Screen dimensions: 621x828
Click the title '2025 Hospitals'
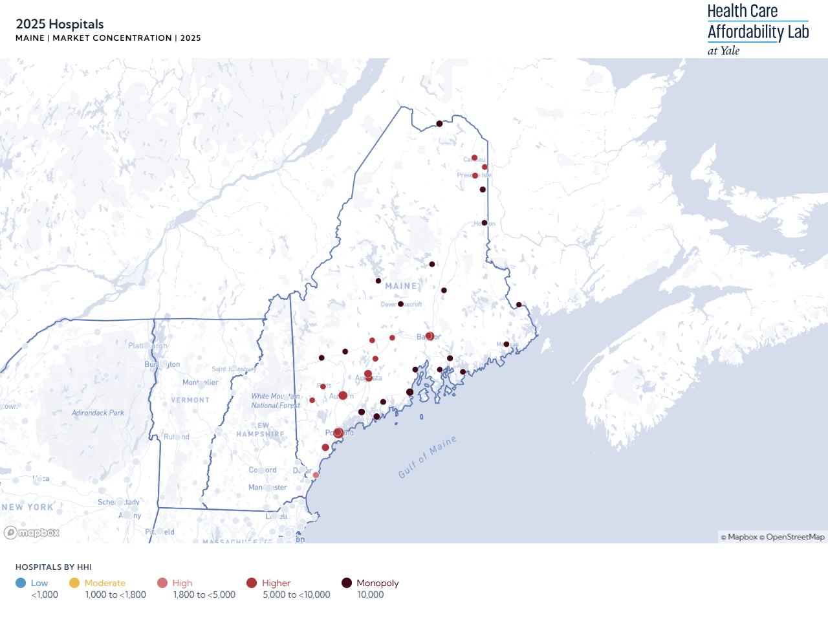click(x=60, y=25)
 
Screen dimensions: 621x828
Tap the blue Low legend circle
click(x=21, y=583)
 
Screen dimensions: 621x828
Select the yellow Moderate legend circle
click(x=74, y=583)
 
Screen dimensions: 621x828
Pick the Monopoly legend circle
click(x=347, y=583)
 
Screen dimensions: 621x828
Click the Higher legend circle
click(x=252, y=583)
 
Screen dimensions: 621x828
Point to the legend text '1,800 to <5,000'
click(x=204, y=594)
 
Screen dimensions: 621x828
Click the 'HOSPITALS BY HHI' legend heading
click(x=54, y=567)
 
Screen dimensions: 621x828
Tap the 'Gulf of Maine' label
click(x=427, y=456)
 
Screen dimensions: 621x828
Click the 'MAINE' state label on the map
click(x=401, y=286)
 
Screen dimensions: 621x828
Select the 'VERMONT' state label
click(x=190, y=400)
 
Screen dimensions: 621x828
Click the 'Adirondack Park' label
click(x=98, y=413)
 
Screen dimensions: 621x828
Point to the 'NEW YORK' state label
click(x=27, y=507)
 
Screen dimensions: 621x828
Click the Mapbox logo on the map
click(x=32, y=532)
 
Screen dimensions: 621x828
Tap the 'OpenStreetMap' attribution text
click(x=795, y=537)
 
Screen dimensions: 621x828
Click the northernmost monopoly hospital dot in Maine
click(x=439, y=124)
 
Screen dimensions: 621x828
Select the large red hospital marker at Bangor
click(x=430, y=336)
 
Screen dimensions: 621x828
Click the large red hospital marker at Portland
click(x=338, y=433)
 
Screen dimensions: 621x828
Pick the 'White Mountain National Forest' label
click(x=276, y=400)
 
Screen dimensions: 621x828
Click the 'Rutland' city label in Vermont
click(x=176, y=437)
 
